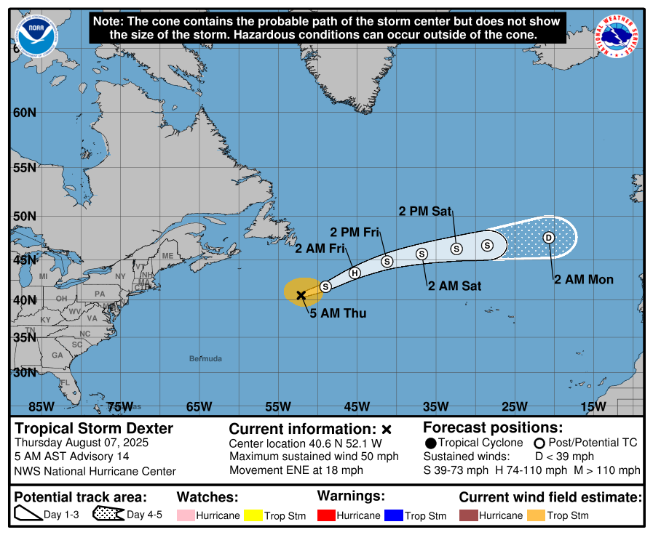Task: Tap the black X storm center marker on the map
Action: point(301,295)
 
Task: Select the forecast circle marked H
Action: point(355,273)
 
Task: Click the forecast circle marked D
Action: point(549,238)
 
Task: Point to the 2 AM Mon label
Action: point(584,279)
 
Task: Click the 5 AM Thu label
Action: point(338,313)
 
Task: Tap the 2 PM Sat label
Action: point(425,212)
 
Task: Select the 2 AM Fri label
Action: point(320,249)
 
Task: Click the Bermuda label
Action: point(205,358)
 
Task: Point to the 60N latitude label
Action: point(23,113)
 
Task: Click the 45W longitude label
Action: point(357,406)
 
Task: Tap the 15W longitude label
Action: point(594,406)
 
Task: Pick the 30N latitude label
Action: point(23,373)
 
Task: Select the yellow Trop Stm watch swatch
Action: point(253,515)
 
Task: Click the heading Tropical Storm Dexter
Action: point(95,428)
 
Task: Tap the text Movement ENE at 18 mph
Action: point(296,470)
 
